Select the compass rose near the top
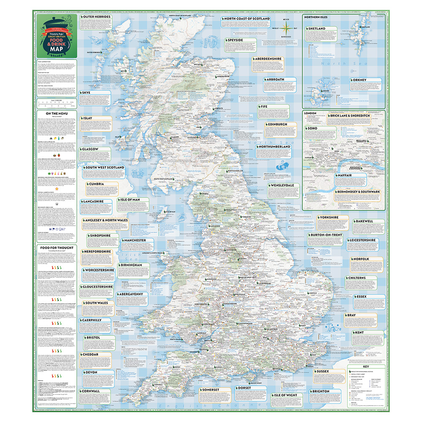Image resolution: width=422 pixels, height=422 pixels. click(286, 29)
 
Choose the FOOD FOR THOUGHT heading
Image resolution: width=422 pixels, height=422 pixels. click(57, 248)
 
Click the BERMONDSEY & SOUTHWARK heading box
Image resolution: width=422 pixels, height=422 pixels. click(357, 192)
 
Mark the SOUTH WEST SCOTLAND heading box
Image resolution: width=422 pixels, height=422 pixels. click(105, 168)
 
